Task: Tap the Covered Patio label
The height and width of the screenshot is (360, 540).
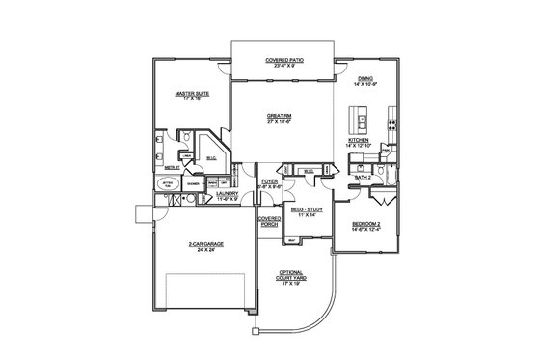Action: (283, 59)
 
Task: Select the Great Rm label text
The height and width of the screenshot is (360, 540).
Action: (282, 116)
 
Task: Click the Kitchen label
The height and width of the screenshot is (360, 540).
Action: (358, 140)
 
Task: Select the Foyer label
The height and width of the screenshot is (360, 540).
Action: (271, 180)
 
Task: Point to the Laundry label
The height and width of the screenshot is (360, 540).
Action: (228, 193)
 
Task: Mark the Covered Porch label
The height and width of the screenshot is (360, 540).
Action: (269, 222)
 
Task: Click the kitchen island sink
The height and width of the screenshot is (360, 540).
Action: (363, 122)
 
